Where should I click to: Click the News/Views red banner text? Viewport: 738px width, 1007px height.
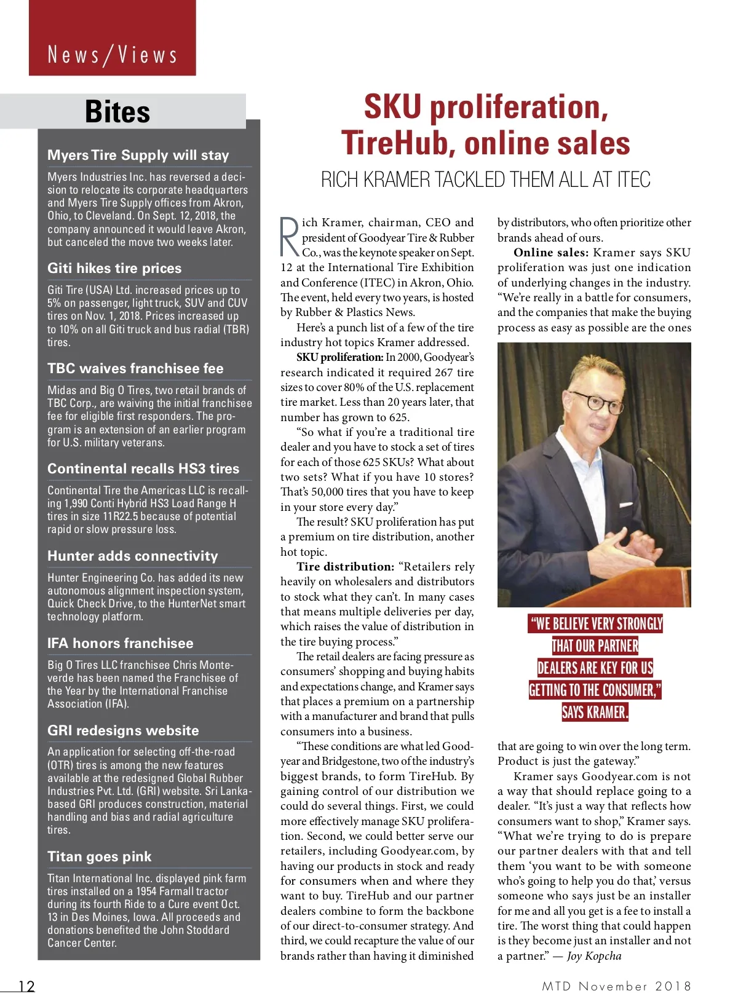[x=113, y=55]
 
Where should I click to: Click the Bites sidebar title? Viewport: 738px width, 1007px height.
[x=117, y=112]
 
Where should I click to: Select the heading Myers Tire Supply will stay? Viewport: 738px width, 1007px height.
[x=138, y=155]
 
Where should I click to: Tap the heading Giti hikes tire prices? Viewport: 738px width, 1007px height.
[x=114, y=268]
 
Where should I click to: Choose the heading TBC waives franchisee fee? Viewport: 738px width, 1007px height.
[x=135, y=368]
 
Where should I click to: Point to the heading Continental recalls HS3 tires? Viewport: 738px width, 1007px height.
[x=143, y=468]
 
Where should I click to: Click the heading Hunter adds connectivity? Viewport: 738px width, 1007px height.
[x=133, y=556]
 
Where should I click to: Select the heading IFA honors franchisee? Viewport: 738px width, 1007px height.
[x=121, y=643]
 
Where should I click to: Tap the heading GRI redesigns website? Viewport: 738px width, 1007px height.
[x=123, y=730]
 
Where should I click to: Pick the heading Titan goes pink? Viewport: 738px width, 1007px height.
[x=99, y=856]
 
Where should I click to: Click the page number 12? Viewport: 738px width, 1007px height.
[x=26, y=986]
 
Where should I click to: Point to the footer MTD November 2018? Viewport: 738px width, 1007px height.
[x=616, y=986]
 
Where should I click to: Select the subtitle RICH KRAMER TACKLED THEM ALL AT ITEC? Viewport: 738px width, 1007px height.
[x=485, y=180]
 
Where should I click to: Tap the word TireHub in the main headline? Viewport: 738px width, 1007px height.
[x=398, y=143]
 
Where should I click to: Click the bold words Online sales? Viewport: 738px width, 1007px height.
[x=551, y=253]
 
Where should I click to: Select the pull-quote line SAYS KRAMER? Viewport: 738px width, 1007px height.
[x=594, y=713]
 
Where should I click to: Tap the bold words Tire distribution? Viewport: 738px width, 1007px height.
[x=345, y=567]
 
